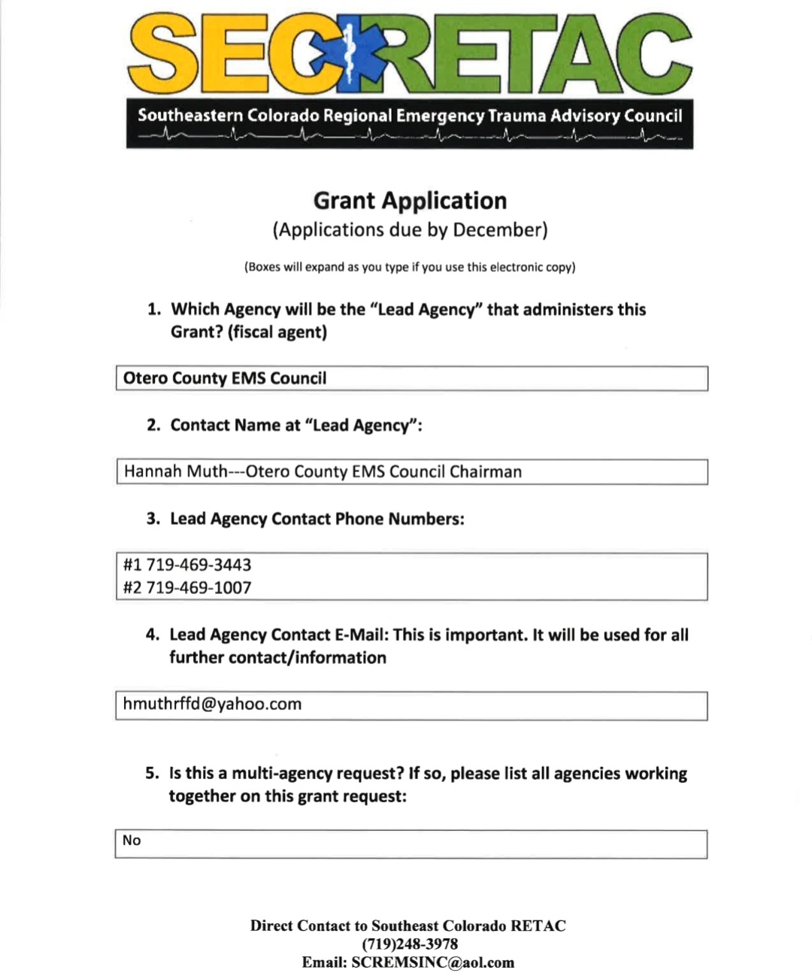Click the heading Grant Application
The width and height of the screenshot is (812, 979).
(410, 201)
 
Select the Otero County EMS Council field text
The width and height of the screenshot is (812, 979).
(225, 378)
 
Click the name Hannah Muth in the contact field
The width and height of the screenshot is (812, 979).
(175, 471)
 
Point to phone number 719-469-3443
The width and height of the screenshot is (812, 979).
(198, 565)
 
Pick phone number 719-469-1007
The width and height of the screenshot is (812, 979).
(198, 587)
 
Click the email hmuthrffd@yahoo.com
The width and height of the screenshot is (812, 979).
(212, 705)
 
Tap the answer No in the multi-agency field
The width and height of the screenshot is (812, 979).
(132, 841)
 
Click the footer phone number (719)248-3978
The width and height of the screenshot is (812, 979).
(410, 944)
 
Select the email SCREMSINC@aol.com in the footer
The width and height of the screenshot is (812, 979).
(432, 962)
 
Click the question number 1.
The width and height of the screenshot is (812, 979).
(153, 310)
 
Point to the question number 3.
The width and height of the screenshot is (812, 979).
(153, 519)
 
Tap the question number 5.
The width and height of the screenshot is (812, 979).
(153, 774)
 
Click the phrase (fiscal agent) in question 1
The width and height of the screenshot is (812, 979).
(277, 332)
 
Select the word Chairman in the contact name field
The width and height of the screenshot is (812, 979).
(486, 471)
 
